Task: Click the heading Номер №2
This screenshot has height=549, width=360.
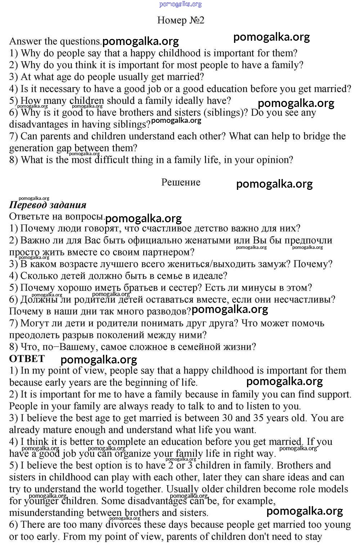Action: pos(180,20)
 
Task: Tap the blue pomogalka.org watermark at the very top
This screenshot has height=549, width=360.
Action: pos(180,4)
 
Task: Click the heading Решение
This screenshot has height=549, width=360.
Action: pos(181,182)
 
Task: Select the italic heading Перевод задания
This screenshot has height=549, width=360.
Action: pos(48,205)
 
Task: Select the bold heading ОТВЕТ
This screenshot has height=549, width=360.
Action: pos(27,359)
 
